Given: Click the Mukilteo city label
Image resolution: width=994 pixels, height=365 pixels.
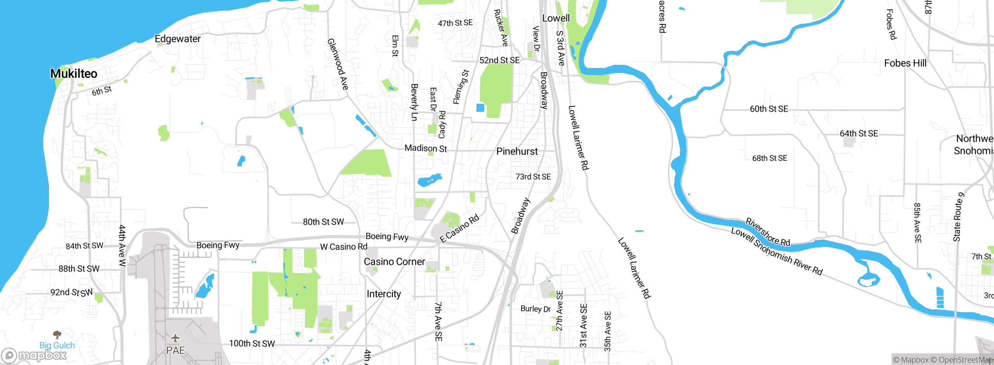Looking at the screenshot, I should (x=74, y=73).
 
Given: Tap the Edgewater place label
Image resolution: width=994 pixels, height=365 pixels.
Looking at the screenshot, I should (x=177, y=39).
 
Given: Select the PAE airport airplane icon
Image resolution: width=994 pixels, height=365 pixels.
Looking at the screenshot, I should (x=176, y=338).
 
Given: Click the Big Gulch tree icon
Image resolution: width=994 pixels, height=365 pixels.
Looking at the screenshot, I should (x=57, y=334).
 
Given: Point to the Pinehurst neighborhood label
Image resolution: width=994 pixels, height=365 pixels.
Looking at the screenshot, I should (x=517, y=151).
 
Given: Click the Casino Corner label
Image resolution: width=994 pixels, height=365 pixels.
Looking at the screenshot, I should (x=394, y=262).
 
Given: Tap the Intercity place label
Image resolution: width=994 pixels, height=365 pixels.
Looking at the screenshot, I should (x=384, y=294).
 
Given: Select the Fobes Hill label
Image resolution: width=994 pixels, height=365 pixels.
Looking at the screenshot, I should (x=905, y=63).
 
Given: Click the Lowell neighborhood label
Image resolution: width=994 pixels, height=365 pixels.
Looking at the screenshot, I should (x=556, y=18).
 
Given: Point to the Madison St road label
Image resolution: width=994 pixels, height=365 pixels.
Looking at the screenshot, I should (x=426, y=148).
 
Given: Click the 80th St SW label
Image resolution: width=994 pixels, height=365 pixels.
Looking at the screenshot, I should (x=323, y=222).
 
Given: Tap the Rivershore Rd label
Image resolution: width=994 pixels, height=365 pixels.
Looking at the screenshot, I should (x=768, y=232).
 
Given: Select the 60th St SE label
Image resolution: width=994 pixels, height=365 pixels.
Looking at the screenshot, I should (x=769, y=109).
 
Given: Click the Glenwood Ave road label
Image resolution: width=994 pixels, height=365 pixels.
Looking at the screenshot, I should (x=337, y=64).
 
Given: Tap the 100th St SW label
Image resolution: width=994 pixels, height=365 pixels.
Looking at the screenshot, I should (x=252, y=344).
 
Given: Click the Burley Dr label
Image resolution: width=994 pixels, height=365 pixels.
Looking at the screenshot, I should (x=535, y=309).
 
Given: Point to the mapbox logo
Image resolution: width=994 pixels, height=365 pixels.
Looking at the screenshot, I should (x=34, y=355).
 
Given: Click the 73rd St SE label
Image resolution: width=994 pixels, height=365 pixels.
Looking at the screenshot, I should (x=533, y=177).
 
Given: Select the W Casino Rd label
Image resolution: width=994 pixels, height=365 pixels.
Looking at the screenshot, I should (x=344, y=247).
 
